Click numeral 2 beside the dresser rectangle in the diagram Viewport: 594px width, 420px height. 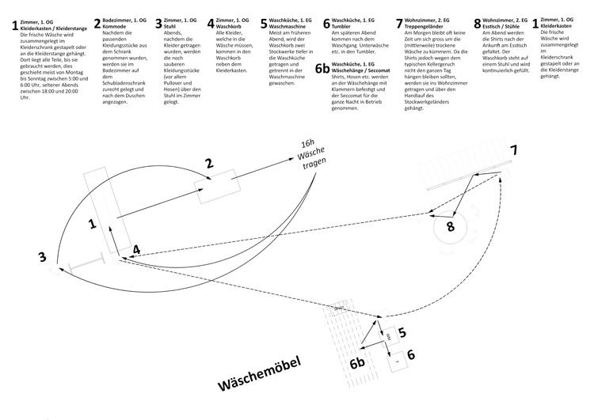[209, 164]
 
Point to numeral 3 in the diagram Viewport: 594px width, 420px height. [41, 257]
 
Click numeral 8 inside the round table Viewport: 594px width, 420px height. [450, 226]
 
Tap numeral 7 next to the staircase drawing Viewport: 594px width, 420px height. [512, 150]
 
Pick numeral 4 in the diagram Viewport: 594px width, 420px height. [137, 249]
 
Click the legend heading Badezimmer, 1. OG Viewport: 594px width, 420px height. [131, 19]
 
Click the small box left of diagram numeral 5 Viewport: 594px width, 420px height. [388, 336]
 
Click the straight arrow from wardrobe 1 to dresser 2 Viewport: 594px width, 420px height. [158, 202]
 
